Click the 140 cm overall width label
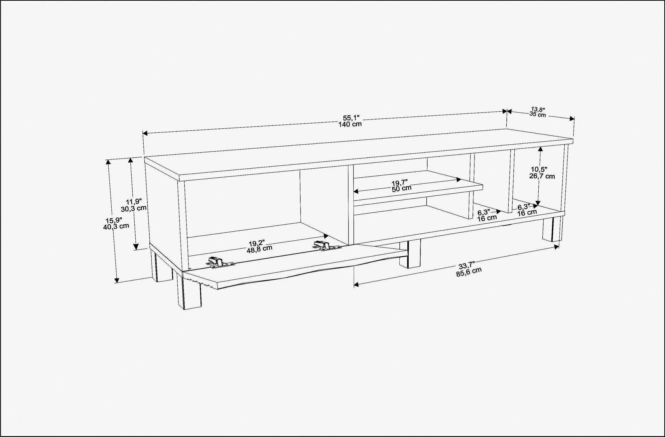click(350, 124)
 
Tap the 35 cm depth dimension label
click(538, 114)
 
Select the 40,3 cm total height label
click(116, 226)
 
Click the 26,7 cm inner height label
click(542, 176)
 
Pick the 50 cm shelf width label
click(401, 188)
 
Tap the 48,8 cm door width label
click(259, 248)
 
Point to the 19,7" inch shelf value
click(400, 182)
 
